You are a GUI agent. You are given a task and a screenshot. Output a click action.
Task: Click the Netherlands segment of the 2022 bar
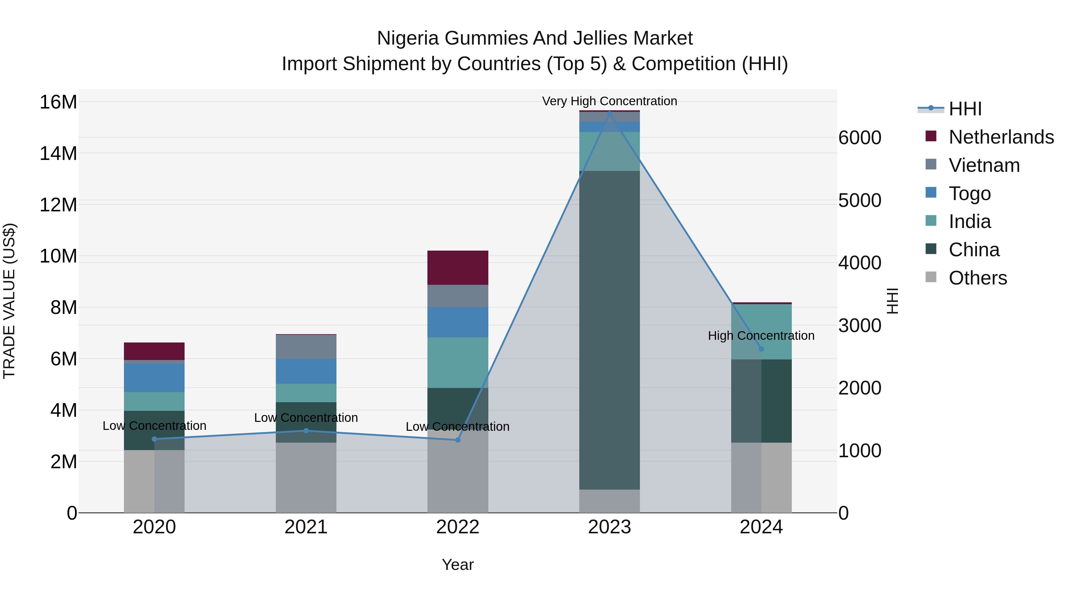click(x=457, y=268)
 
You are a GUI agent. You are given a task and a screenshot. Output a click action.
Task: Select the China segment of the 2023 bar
click(x=609, y=330)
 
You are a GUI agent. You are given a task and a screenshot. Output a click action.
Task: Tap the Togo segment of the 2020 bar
click(x=154, y=378)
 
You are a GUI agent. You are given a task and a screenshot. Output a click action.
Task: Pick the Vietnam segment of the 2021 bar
click(x=306, y=347)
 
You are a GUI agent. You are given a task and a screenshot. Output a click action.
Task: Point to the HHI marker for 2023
click(x=609, y=113)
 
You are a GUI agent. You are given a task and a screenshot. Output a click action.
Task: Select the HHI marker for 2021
click(x=306, y=431)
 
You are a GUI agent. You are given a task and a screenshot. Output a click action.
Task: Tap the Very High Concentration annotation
click(x=609, y=101)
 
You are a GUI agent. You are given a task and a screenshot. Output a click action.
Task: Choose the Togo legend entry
click(x=970, y=194)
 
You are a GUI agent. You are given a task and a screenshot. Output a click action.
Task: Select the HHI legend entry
click(x=965, y=109)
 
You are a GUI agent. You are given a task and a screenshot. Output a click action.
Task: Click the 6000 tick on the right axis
click(x=859, y=138)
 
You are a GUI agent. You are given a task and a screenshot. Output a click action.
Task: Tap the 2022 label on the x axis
click(x=457, y=527)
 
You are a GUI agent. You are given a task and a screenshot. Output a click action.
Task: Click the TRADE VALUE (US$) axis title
click(x=9, y=301)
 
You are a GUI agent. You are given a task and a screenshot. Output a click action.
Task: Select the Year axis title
click(x=457, y=565)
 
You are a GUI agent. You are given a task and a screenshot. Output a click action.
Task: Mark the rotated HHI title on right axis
click(x=892, y=301)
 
